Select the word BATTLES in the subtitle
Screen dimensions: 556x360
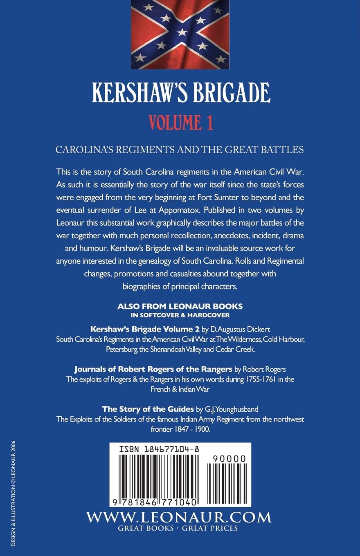pos(281,149)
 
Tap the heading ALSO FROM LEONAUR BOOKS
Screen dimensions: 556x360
pos(180,306)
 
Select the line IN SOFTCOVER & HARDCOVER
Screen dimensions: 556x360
pos(180,314)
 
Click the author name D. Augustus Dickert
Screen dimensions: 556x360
pos(236,329)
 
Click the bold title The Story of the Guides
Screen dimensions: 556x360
pos(148,408)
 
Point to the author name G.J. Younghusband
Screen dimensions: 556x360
pos(231,408)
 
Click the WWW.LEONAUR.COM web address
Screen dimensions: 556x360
pos(179,517)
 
